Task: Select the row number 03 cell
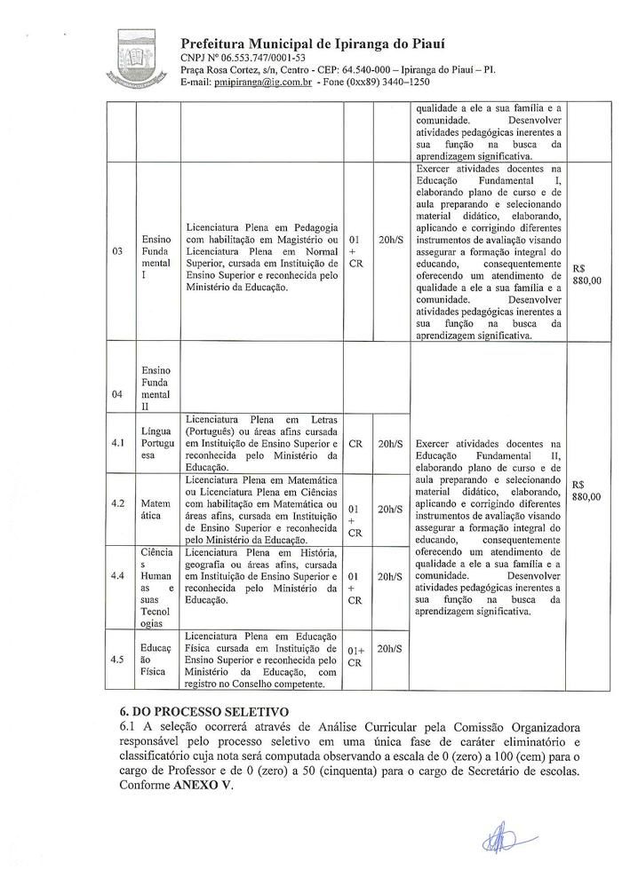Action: click(117, 251)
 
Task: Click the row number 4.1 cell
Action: click(117, 443)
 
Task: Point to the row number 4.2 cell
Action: click(117, 503)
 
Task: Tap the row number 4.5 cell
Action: click(117, 659)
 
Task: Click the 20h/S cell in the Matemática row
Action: click(390, 509)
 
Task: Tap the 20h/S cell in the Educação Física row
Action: click(390, 649)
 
